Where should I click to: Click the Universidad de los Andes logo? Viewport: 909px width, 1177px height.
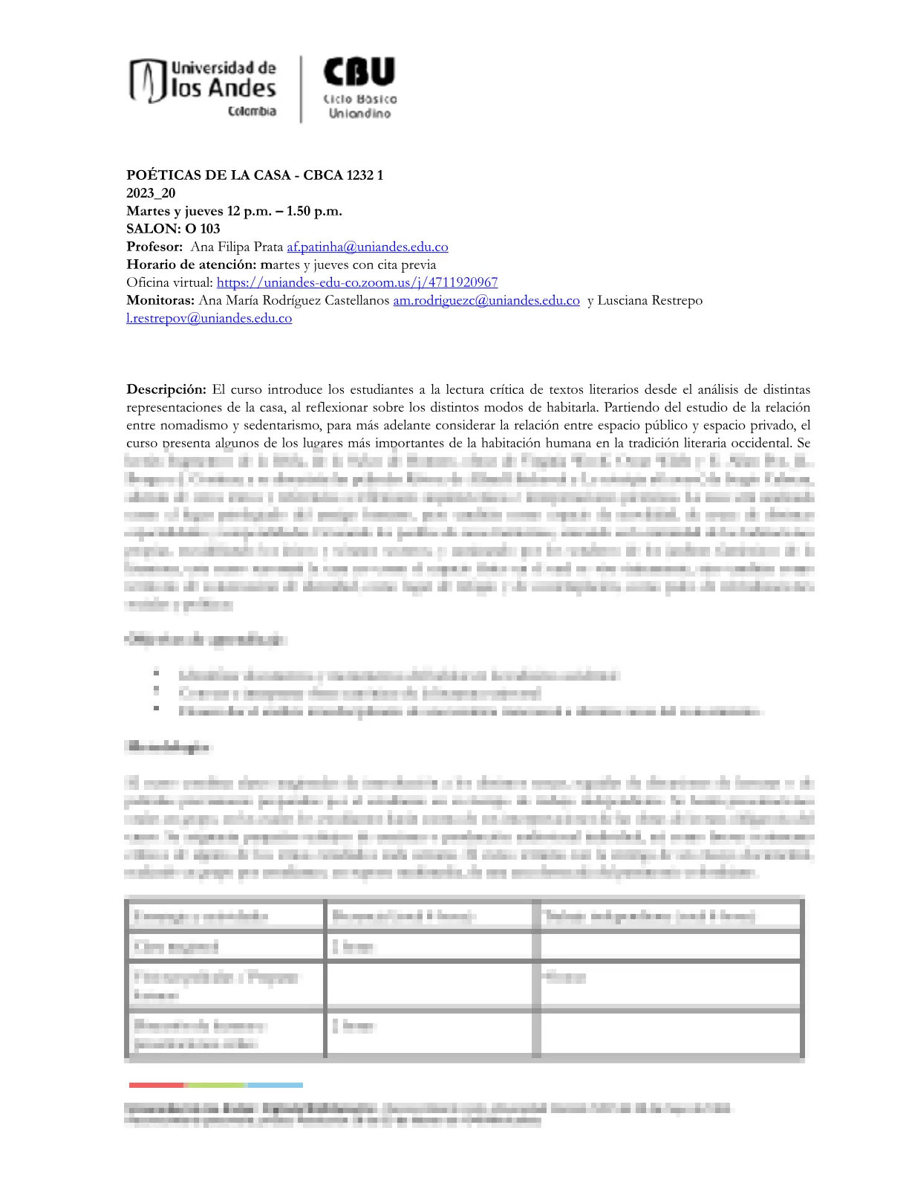pos(203,88)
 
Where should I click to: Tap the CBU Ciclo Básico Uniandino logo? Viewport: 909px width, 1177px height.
pos(359,88)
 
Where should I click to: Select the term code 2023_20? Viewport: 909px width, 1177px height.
pos(151,193)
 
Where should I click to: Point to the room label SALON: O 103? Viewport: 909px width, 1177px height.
pos(173,229)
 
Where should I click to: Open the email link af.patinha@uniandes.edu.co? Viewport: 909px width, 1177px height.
pos(368,247)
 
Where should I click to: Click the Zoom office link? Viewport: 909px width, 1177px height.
pos(357,282)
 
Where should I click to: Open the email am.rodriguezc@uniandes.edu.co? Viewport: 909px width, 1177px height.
pos(486,300)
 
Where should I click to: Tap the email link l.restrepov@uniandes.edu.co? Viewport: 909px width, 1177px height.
pos(209,318)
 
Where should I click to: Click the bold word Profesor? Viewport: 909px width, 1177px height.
pos(154,247)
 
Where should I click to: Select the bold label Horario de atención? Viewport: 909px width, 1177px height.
pos(192,265)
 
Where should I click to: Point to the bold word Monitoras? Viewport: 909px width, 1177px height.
pos(160,300)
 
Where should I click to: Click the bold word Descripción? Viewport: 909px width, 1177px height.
pos(166,389)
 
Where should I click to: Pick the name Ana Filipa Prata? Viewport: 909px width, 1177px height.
pos(237,247)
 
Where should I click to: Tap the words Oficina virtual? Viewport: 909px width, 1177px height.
pos(169,282)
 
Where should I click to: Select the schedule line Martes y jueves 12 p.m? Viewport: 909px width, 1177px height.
pos(234,211)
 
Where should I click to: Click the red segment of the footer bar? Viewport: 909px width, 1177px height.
pos(157,1085)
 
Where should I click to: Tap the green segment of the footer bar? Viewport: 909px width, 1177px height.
pos(215,1085)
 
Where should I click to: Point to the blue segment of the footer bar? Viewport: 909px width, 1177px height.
pos(275,1085)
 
